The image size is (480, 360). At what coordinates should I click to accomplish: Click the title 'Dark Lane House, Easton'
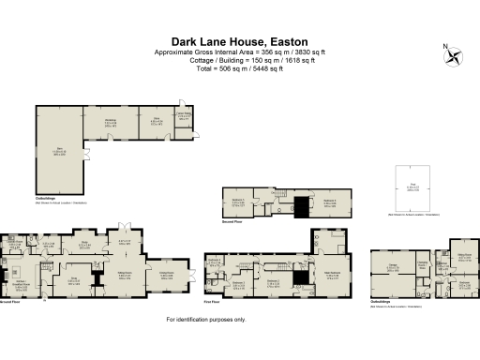point(239,41)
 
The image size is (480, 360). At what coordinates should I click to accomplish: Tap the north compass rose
point(456,55)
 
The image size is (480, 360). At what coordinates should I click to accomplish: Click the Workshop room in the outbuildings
point(110,122)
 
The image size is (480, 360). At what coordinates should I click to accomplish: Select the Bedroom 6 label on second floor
point(329,201)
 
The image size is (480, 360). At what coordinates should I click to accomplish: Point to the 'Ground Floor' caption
point(8,303)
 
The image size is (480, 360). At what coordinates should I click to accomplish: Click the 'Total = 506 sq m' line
point(239,67)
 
